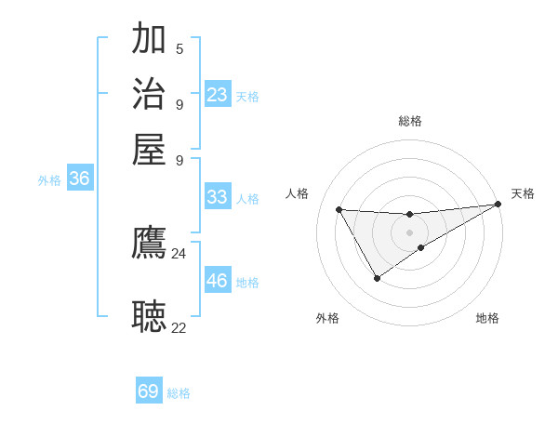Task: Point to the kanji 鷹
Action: coord(149,244)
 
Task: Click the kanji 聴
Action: coord(149,316)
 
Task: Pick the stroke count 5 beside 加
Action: coord(179,49)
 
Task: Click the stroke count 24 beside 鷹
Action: coord(179,253)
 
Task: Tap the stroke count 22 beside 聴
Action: coord(179,326)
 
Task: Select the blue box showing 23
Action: coord(218,95)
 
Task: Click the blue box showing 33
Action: coord(218,197)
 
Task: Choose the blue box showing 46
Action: coord(218,281)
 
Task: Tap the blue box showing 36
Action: coord(80,179)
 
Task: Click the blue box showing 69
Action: coord(149,391)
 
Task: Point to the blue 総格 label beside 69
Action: coord(179,393)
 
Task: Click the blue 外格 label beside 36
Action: coord(49,181)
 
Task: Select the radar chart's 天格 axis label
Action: coord(523,193)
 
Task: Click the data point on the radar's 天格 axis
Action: coord(498,205)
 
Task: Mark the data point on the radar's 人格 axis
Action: coord(339,209)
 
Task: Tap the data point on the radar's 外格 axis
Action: coord(377,278)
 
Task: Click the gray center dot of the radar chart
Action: coord(410,232)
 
